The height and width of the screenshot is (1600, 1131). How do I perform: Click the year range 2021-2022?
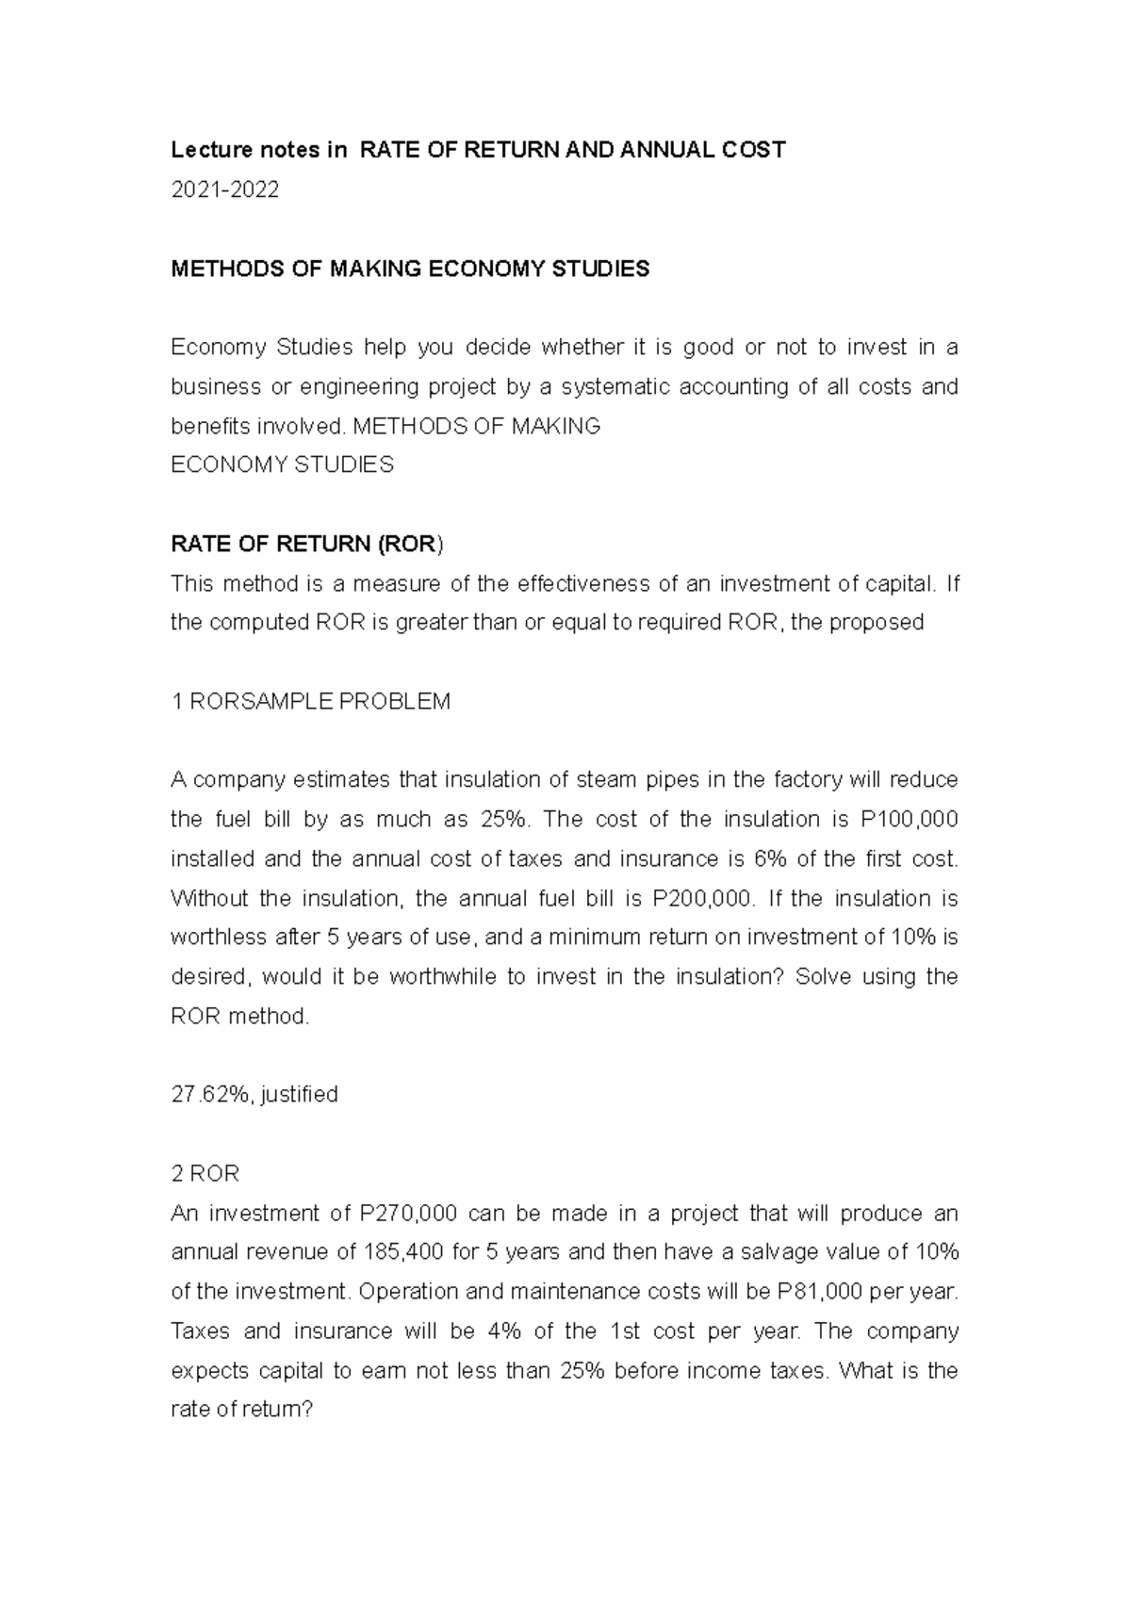[224, 190]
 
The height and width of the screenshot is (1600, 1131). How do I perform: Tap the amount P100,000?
[908, 819]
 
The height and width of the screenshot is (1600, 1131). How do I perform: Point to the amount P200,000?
[702, 898]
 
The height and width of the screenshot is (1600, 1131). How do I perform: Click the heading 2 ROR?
[205, 1173]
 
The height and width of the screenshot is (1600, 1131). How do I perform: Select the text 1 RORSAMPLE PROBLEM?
[310, 701]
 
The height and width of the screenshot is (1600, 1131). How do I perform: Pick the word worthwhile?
[442, 977]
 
